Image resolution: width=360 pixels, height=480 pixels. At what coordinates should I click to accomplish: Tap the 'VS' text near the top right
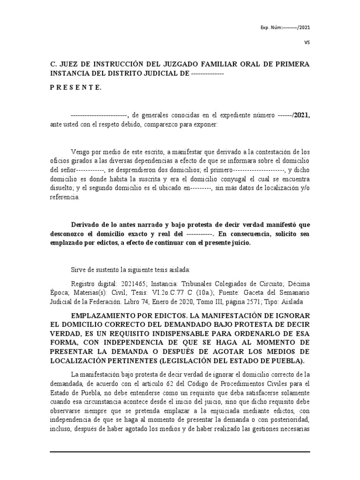tap(307, 42)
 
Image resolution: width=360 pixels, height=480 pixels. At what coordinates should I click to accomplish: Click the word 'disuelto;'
tap(62, 188)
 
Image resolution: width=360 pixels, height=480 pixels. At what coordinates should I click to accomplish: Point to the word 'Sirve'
tap(78, 270)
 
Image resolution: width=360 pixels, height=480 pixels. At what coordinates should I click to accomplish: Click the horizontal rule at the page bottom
tap(180, 452)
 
